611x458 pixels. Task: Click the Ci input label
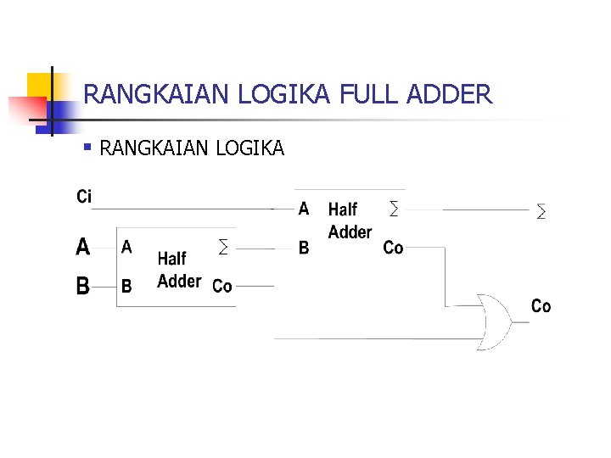tap(84, 197)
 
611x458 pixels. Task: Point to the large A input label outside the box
tap(83, 247)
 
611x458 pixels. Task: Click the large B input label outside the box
tap(83, 286)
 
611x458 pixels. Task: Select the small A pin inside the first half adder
tap(126, 247)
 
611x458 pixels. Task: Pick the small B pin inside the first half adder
tap(126, 286)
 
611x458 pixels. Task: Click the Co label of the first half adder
tap(222, 286)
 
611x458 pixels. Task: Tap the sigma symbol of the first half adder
tap(223, 248)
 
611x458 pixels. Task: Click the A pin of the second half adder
tap(304, 208)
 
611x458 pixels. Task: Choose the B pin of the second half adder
tap(304, 249)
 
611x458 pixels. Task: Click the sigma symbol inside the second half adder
tap(393, 208)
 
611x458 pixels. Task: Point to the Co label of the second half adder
tap(393, 248)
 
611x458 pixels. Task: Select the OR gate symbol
tap(493, 321)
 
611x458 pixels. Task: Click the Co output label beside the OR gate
tap(541, 305)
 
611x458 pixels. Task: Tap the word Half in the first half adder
tap(171, 259)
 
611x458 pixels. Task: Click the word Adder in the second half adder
tap(350, 232)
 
